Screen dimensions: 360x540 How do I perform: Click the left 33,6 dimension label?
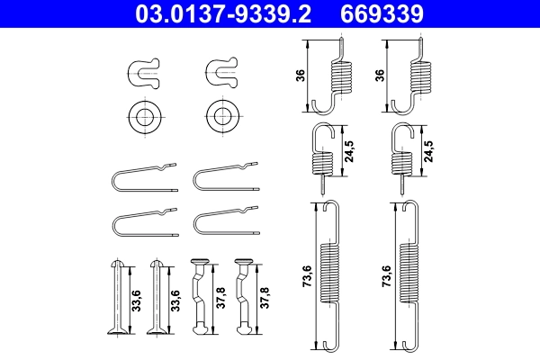(136, 299)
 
